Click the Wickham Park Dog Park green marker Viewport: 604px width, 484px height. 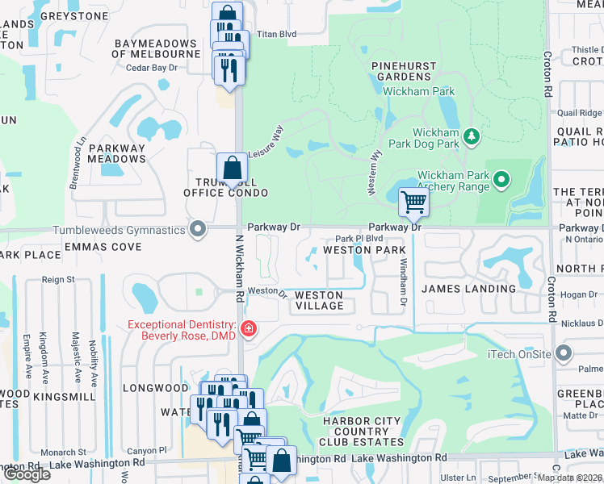473,138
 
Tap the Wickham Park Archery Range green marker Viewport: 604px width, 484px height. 501,178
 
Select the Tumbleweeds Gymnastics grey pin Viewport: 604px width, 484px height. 198,230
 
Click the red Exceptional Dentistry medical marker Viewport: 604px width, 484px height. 247,328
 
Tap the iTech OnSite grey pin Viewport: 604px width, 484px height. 564,353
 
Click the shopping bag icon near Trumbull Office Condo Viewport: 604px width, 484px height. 232,168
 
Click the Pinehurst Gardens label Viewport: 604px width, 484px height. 404,71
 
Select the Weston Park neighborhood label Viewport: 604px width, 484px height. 364,250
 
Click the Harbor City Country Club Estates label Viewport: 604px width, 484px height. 363,432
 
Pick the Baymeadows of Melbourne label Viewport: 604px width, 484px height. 157,48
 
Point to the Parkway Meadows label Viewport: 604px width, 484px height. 117,153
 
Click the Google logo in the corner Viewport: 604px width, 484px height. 26,474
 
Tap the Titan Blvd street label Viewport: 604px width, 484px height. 277,35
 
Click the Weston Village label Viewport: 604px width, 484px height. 319,301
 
